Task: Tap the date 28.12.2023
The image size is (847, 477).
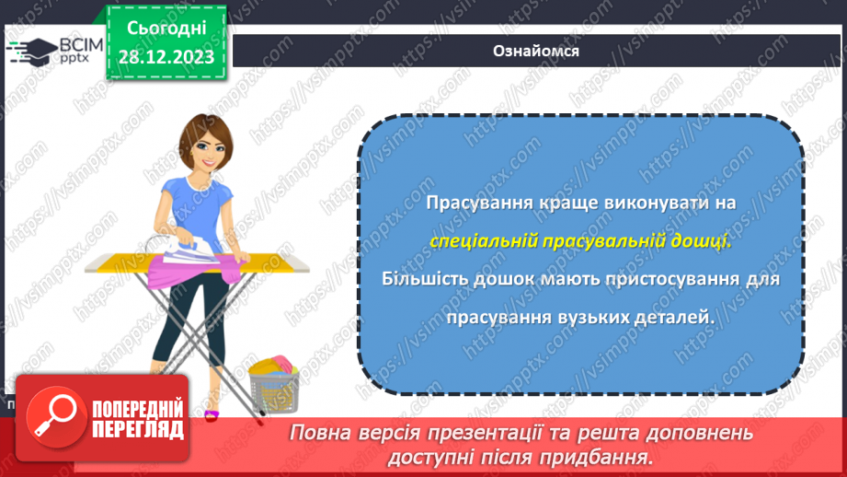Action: click(x=166, y=57)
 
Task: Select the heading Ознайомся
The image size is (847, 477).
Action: click(x=535, y=51)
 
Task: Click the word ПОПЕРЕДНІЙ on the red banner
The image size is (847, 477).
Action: click(x=137, y=409)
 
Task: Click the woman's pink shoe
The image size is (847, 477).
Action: click(x=212, y=414)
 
